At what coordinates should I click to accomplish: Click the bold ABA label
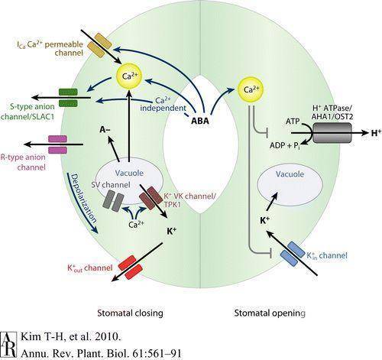tap(200, 121)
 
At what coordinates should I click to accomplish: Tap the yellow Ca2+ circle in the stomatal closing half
tap(129, 76)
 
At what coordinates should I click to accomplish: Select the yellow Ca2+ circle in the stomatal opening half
tap(250, 89)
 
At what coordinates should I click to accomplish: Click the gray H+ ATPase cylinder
tap(332, 133)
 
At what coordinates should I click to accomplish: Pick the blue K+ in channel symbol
tap(293, 254)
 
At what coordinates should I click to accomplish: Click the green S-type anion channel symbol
tap(68, 97)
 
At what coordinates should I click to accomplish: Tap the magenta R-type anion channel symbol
tap(57, 144)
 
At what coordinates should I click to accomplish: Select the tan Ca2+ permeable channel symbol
tap(99, 45)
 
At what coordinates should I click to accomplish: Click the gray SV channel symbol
tap(113, 200)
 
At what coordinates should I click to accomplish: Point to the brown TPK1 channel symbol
tap(151, 198)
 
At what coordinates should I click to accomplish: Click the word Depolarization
tap(83, 199)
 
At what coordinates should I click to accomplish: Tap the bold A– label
tap(105, 130)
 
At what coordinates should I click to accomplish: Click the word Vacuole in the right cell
tap(290, 174)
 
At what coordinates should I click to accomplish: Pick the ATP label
tap(293, 122)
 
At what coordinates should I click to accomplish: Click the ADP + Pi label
tap(284, 146)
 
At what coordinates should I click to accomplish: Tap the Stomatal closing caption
tap(130, 313)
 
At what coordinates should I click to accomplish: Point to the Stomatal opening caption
tap(270, 313)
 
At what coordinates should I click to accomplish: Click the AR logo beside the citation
tap(9, 345)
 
